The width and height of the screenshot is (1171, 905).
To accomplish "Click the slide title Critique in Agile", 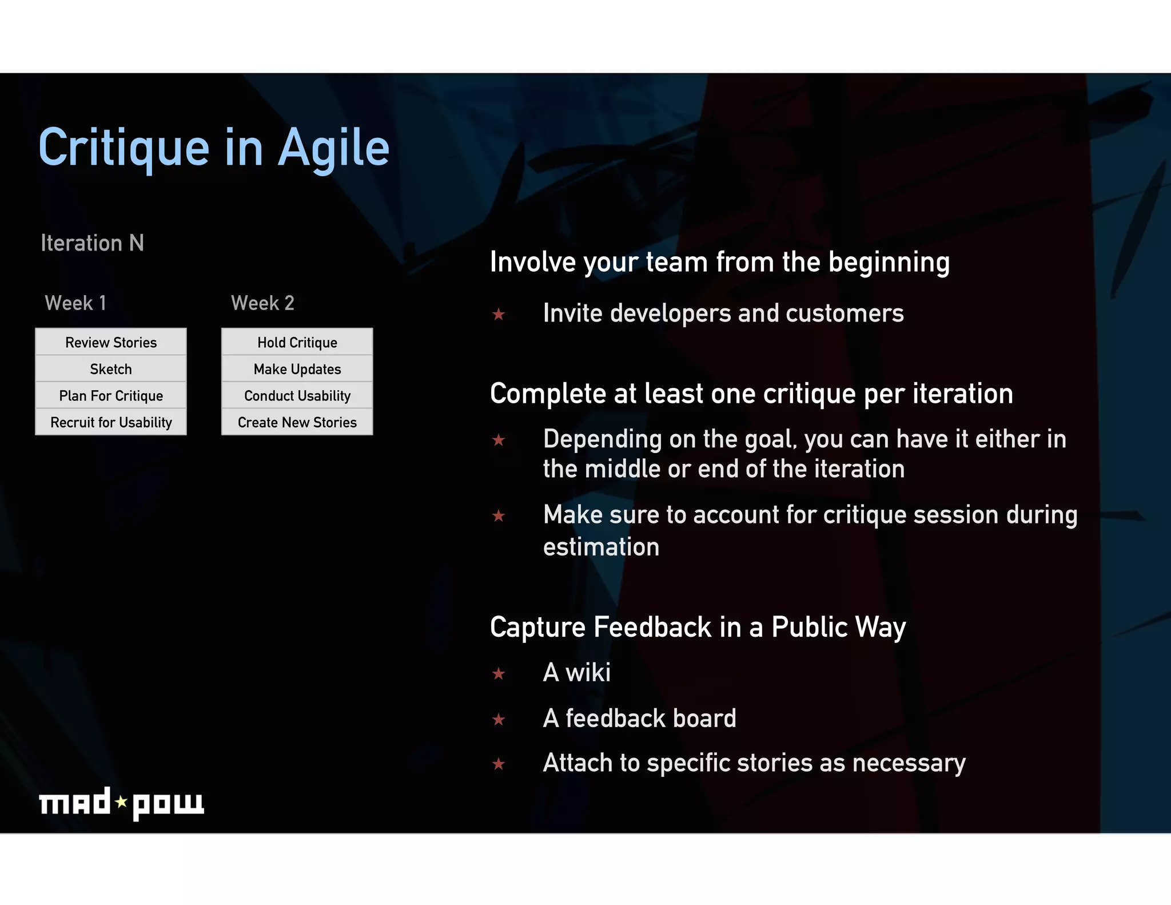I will point(214,148).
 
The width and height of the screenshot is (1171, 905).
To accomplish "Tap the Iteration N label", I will point(92,243).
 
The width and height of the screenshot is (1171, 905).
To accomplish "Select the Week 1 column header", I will point(75,303).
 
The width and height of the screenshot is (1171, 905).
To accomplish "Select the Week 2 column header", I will point(262,303).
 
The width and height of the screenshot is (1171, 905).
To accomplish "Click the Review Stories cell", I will point(111,342).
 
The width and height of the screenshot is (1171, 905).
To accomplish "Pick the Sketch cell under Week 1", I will point(111,369).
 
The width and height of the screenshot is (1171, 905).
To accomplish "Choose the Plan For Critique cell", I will point(111,395).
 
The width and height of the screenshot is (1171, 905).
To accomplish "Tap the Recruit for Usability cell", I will point(111,422).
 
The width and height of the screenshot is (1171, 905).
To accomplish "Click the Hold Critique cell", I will point(297,342).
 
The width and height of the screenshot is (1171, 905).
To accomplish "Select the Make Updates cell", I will point(297,369).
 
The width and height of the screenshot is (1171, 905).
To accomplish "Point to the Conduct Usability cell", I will point(297,395).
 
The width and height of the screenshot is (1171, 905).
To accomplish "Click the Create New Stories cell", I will point(297,422).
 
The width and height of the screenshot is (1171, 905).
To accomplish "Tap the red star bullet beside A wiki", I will point(499,674).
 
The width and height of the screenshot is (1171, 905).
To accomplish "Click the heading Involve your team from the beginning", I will point(719,263).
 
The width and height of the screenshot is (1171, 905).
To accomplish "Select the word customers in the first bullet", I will point(845,313).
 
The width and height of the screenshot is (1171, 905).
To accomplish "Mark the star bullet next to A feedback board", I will point(499,719).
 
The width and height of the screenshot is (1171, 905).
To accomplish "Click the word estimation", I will point(601,547).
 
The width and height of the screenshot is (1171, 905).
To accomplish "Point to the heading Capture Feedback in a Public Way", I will point(698,627).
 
